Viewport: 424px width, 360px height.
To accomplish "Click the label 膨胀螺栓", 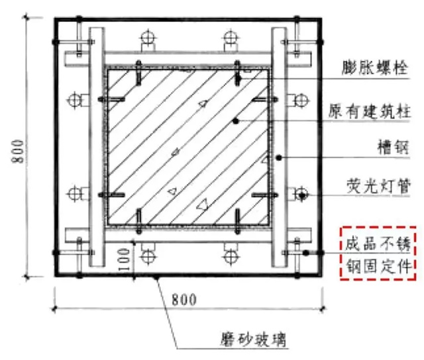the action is click(x=375, y=67).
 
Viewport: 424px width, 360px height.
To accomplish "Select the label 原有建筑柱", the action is click(x=370, y=111).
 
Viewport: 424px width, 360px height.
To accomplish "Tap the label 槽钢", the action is click(x=393, y=147).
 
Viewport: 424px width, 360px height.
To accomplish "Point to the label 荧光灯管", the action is click(x=378, y=186).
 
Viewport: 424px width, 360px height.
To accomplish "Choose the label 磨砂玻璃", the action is click(x=254, y=339).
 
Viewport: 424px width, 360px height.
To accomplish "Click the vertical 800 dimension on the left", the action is click(x=18, y=152).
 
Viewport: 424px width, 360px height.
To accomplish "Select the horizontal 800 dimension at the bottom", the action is click(x=184, y=299).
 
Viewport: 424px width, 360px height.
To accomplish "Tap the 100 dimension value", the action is click(x=124, y=260).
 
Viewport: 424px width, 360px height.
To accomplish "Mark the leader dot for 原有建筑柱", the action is click(x=236, y=121).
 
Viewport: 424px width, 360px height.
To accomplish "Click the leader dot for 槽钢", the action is click(x=279, y=157).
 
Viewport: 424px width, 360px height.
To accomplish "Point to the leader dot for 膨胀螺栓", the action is click(x=238, y=79).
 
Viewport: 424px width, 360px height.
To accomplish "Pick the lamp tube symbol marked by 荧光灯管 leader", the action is click(x=301, y=195).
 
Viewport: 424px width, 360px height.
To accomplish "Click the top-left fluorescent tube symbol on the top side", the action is click(x=148, y=38).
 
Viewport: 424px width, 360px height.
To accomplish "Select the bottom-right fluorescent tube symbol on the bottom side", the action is click(x=231, y=255).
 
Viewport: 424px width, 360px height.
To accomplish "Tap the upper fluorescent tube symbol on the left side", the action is click(x=74, y=101).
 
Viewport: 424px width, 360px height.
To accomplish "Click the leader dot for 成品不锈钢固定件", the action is click(x=306, y=253).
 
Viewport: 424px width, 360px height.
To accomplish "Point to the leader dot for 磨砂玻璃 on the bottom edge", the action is click(x=156, y=277).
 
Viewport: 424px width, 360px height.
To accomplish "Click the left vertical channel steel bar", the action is click(x=97, y=147).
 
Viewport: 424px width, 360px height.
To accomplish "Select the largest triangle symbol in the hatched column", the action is click(x=202, y=204).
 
